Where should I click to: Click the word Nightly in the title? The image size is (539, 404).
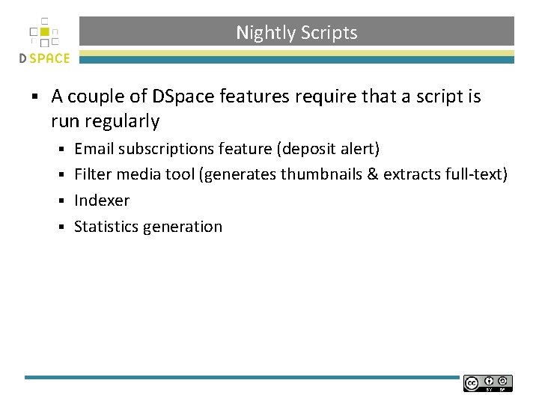[x=265, y=33]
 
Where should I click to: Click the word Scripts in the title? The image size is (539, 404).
[x=329, y=33]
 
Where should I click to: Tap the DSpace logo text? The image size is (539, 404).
[x=44, y=58]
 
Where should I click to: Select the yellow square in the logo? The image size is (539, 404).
[x=44, y=32]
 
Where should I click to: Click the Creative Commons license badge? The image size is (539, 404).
[x=487, y=383]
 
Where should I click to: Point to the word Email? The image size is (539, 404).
[x=94, y=149]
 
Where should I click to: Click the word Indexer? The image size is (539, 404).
[x=102, y=201]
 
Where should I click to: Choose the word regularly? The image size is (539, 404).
[x=123, y=121]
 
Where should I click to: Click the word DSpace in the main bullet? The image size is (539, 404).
[x=181, y=97]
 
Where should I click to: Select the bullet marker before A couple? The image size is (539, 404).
[x=35, y=97]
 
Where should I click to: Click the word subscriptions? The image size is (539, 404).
[x=165, y=149]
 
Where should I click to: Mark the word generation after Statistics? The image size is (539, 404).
[x=187, y=227]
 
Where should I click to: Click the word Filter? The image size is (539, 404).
[x=92, y=174]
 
